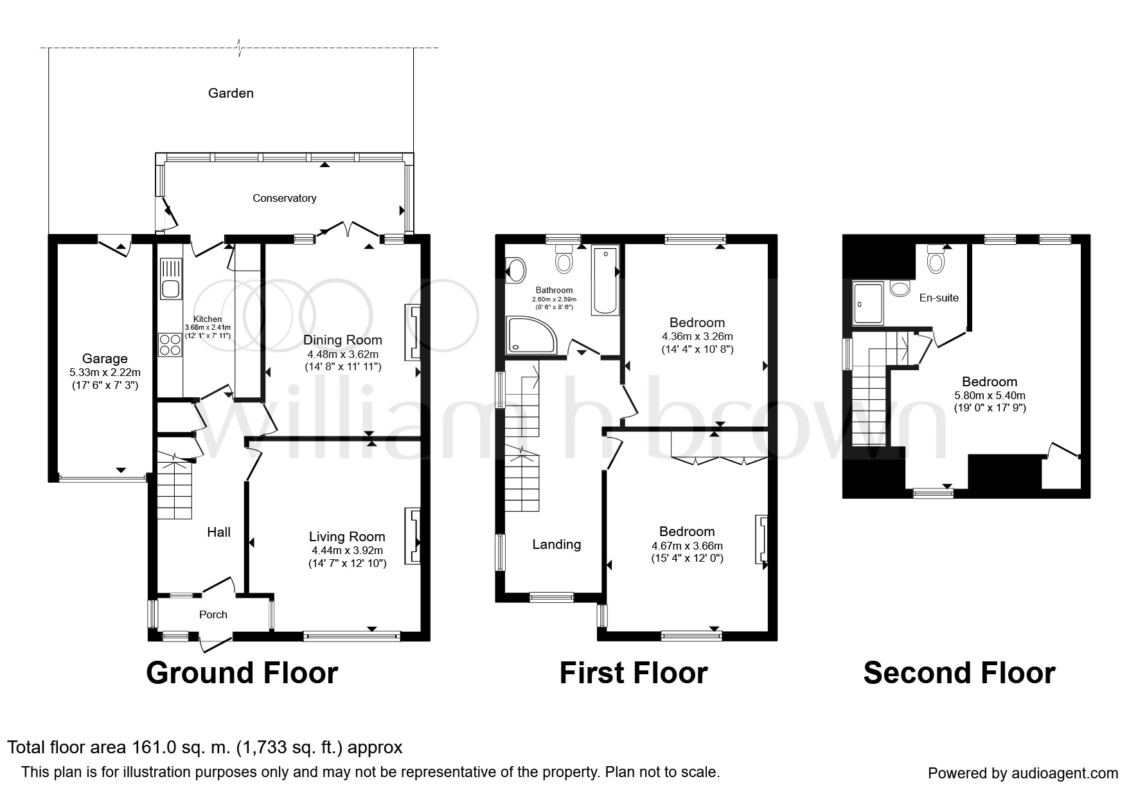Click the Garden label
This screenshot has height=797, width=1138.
click(x=231, y=93)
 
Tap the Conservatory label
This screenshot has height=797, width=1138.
click(x=284, y=198)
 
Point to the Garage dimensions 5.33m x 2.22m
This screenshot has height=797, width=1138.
click(x=105, y=372)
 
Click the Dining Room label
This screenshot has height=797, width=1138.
click(x=342, y=340)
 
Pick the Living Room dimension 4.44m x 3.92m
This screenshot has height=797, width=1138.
click(x=347, y=550)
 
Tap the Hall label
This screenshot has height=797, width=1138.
click(x=218, y=532)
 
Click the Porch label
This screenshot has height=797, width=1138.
click(x=213, y=614)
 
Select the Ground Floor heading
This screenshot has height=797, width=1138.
click(x=242, y=673)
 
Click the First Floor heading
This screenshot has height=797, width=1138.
click(x=634, y=673)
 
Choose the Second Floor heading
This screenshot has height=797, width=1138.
click(x=959, y=673)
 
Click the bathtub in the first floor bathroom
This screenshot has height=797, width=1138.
click(x=605, y=281)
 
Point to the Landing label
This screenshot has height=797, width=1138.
click(x=556, y=544)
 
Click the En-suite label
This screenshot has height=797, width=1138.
click(x=939, y=298)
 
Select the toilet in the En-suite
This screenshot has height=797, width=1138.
click(x=936, y=260)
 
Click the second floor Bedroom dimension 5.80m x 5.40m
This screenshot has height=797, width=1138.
click(x=990, y=395)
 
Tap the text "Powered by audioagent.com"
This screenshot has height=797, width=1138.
click(x=1023, y=773)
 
